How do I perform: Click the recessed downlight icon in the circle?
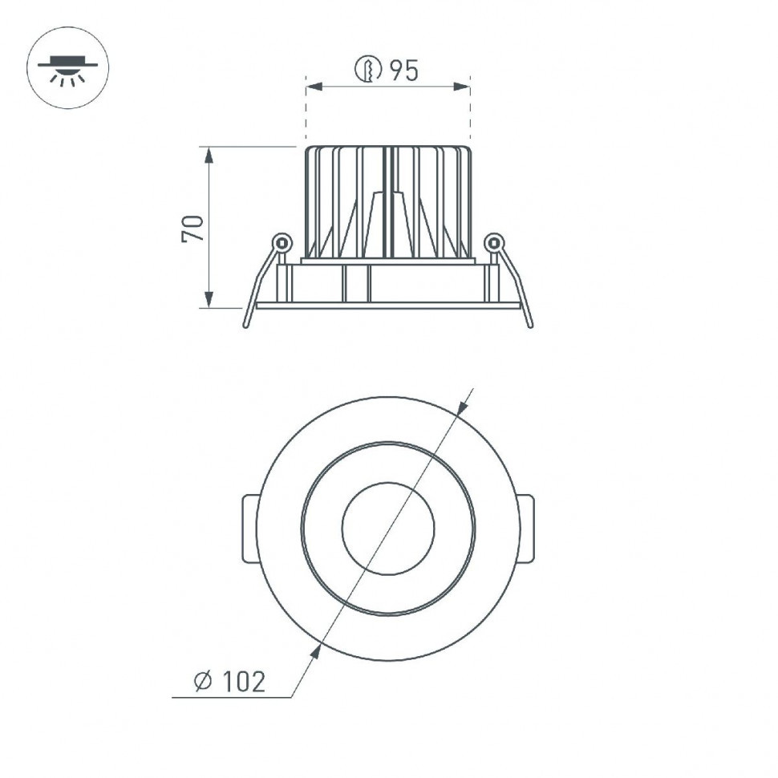[x=68, y=68]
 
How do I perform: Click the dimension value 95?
[x=404, y=71]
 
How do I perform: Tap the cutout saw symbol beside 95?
[x=367, y=71]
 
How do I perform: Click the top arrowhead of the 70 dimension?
[x=209, y=155]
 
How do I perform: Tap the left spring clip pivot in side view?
[x=282, y=241]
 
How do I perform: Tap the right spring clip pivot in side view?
[x=494, y=241]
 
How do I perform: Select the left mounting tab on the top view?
[x=250, y=529]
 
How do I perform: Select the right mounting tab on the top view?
[x=525, y=529]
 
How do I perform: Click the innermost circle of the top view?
[x=388, y=529]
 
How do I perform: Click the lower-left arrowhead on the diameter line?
[x=315, y=650]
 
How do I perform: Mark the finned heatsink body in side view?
[x=387, y=201]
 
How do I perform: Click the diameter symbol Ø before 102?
[x=203, y=682]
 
